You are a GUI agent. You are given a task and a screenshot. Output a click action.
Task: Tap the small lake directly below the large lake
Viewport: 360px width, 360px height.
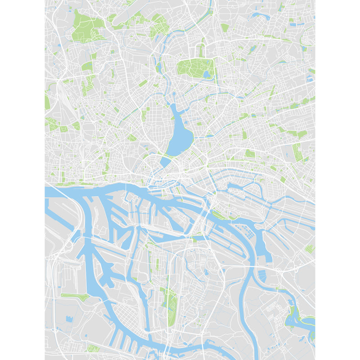tap(165, 161)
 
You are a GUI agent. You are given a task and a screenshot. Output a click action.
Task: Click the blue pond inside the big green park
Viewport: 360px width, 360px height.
tap(206, 74)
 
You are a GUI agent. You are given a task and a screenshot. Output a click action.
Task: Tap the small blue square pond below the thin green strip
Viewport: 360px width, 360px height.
tap(69, 319)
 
